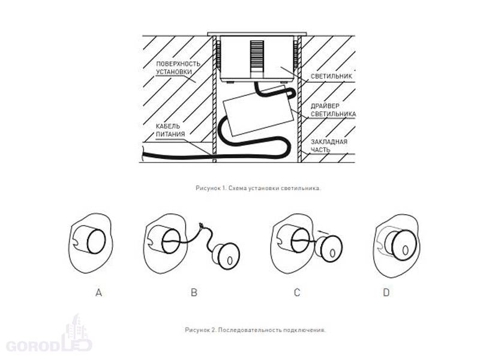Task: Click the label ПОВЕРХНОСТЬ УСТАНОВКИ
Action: tap(178, 68)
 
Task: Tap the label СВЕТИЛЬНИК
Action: tap(331, 76)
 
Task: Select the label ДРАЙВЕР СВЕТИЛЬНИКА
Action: tap(333, 110)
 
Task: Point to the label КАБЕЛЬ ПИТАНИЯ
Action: tap(170, 130)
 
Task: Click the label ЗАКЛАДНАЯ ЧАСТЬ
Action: tap(329, 146)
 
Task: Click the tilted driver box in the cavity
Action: tap(257, 111)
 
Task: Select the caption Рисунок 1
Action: tap(259, 188)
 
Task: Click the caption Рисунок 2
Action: tap(256, 330)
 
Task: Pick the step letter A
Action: tap(98, 293)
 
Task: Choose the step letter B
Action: tap(194, 293)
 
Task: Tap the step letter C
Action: tap(297, 293)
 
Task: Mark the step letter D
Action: tap(386, 293)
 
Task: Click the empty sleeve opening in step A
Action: tap(96, 242)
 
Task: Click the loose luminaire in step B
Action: tap(226, 257)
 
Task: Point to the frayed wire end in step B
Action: tap(201, 226)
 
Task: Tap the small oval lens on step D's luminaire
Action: tap(405, 250)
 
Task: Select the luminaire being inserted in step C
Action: tap(329, 248)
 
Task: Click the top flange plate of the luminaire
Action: tap(257, 34)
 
